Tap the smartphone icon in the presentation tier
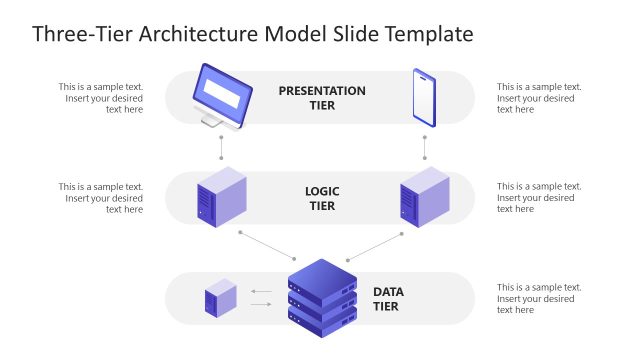(424, 97)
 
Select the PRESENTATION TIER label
(322, 97)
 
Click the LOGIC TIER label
(322, 197)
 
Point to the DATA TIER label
(387, 299)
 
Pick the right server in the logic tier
(425, 196)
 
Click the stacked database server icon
(322, 297)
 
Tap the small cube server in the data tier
(221, 298)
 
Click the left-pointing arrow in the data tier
(261, 292)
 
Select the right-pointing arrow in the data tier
(261, 303)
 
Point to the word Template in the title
(425, 34)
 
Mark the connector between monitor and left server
(221, 146)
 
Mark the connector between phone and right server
(425, 146)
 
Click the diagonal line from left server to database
(266, 246)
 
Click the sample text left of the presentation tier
(100, 97)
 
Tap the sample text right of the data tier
(539, 298)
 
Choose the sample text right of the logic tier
(539, 197)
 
